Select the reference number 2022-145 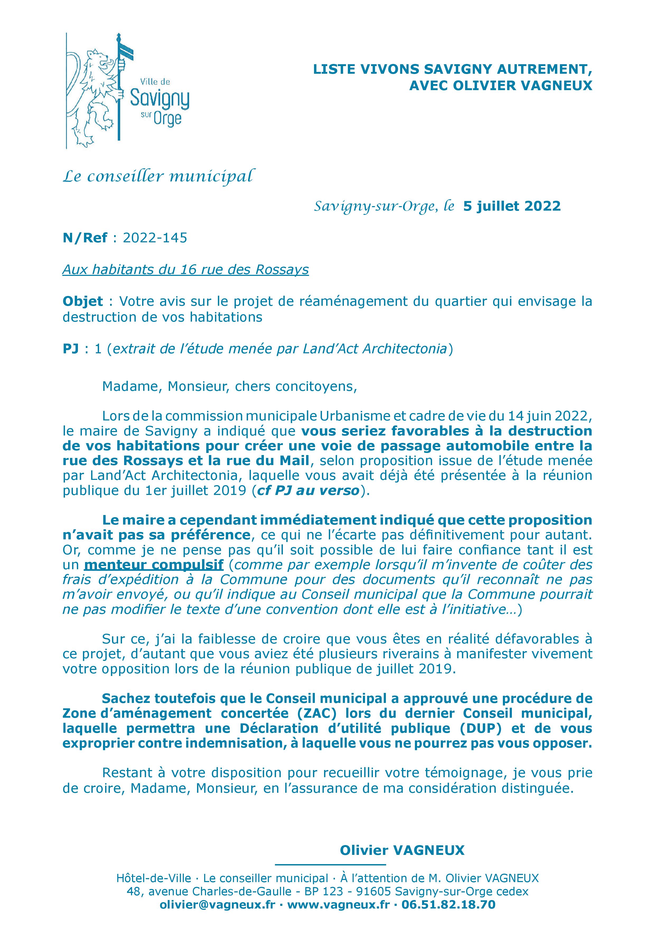click(x=155, y=238)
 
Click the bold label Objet click(x=83, y=301)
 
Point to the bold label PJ click(x=70, y=349)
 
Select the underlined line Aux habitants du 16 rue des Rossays click(x=186, y=269)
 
